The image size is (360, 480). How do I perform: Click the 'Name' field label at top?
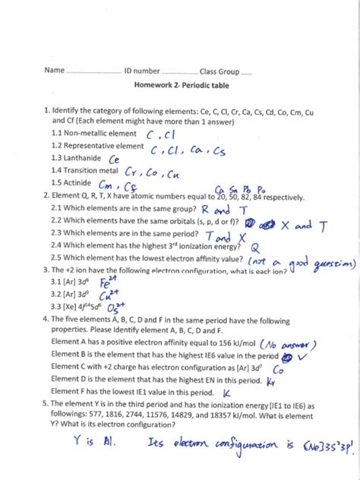point(55,71)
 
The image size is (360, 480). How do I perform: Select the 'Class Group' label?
point(219,71)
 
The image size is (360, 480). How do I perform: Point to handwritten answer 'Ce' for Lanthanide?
point(115,160)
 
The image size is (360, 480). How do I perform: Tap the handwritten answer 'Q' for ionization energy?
point(255,247)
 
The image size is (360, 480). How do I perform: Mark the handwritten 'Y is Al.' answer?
point(94,442)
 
